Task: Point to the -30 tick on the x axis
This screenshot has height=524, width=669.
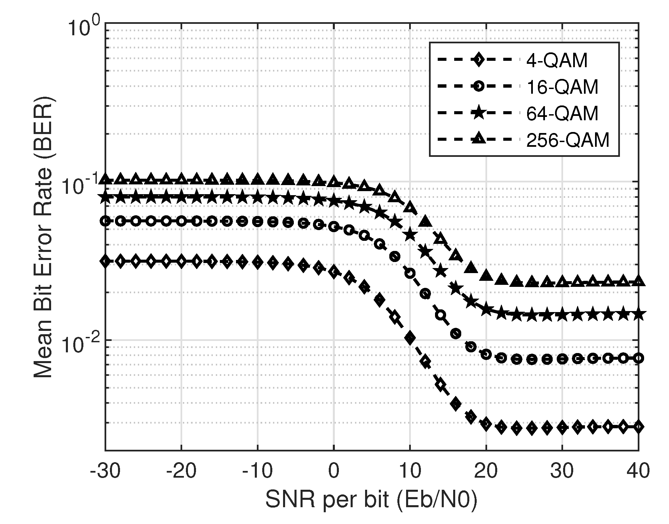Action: pyautogui.click(x=105, y=471)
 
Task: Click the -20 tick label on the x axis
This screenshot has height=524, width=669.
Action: pyautogui.click(x=181, y=471)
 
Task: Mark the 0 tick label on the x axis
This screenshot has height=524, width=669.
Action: pyautogui.click(x=333, y=471)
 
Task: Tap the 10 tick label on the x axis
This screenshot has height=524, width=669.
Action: pyautogui.click(x=410, y=471)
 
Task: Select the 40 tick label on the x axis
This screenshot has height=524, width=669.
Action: pyautogui.click(x=638, y=471)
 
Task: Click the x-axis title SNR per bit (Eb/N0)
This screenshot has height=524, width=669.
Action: pyautogui.click(x=371, y=500)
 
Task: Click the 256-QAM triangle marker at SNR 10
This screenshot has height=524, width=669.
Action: pyautogui.click(x=410, y=207)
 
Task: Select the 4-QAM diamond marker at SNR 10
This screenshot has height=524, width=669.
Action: pyautogui.click(x=410, y=338)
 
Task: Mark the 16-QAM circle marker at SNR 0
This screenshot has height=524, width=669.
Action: pyautogui.click(x=333, y=227)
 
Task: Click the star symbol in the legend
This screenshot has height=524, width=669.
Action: pyautogui.click(x=478, y=113)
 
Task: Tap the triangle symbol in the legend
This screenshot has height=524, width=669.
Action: pyautogui.click(x=478, y=139)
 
